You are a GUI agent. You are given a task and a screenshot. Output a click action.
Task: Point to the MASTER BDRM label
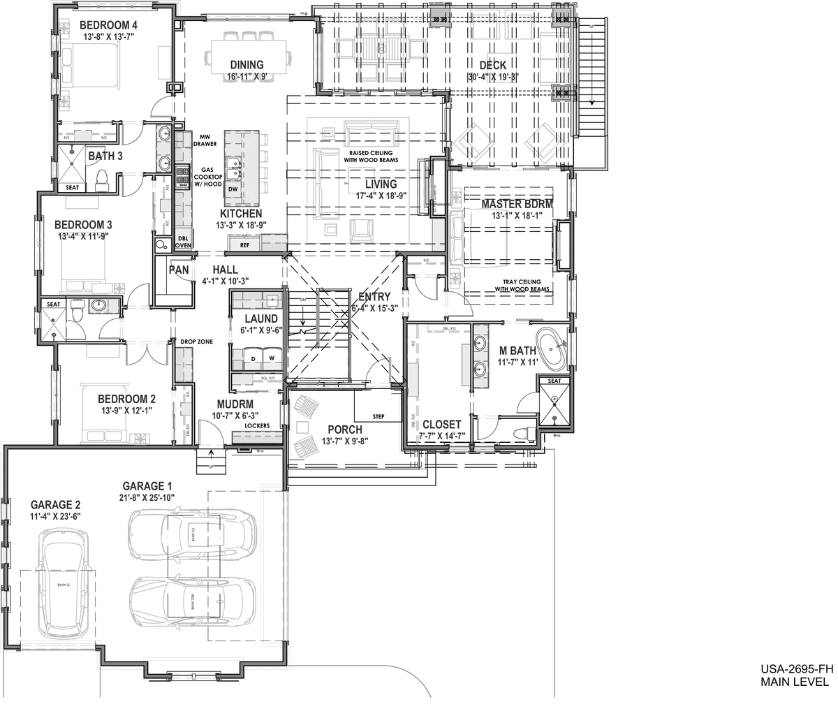pyautogui.click(x=517, y=204)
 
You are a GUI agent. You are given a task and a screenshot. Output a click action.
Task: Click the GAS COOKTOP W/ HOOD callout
pyautogui.click(x=212, y=177)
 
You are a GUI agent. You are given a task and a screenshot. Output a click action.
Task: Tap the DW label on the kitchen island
pyautogui.click(x=233, y=189)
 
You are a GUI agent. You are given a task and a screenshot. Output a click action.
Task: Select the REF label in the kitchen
pyautogui.click(x=244, y=245)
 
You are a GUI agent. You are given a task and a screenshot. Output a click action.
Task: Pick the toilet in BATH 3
pyautogui.click(x=101, y=179)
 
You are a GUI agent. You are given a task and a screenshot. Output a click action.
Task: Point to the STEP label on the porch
pyautogui.click(x=378, y=417)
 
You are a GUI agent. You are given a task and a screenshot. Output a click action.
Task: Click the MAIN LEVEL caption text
pyautogui.click(x=795, y=682)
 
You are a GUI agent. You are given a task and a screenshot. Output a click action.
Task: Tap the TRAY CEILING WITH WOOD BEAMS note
pyautogui.click(x=522, y=285)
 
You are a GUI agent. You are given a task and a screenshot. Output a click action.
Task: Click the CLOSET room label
pyautogui.click(x=441, y=424)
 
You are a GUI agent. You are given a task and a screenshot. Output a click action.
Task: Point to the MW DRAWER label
pyautogui.click(x=207, y=140)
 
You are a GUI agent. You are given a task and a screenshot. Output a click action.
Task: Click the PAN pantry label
pyautogui.click(x=176, y=269)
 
